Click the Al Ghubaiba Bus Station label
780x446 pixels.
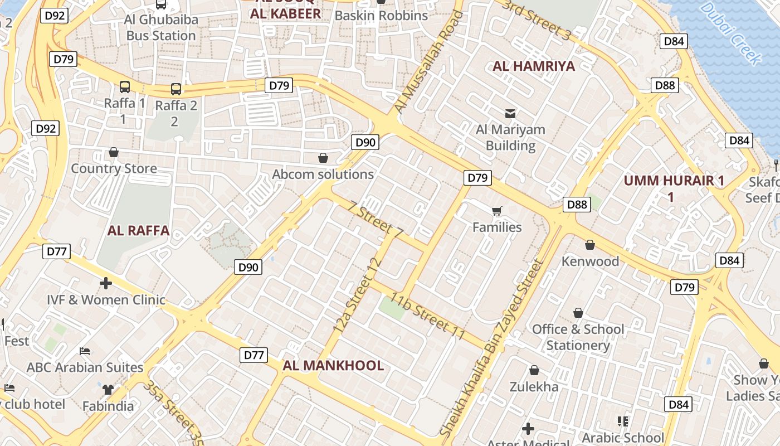point(160,27)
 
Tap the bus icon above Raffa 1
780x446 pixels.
point(125,87)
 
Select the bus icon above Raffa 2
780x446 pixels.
point(175,89)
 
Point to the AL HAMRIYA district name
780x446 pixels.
point(534,66)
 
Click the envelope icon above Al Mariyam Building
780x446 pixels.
point(510,114)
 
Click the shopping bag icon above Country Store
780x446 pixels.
point(114,152)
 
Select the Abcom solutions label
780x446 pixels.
point(323,174)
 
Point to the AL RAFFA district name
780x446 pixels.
point(138,231)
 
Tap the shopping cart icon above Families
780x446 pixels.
point(496,211)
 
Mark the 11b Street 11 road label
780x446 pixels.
point(427,316)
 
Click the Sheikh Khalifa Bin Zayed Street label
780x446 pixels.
point(491,348)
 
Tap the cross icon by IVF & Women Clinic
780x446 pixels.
point(106,283)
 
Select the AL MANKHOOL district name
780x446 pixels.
point(333,366)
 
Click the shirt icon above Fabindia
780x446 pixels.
point(108,389)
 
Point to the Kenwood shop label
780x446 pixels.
point(590,261)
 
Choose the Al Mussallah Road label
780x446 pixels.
point(428,61)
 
